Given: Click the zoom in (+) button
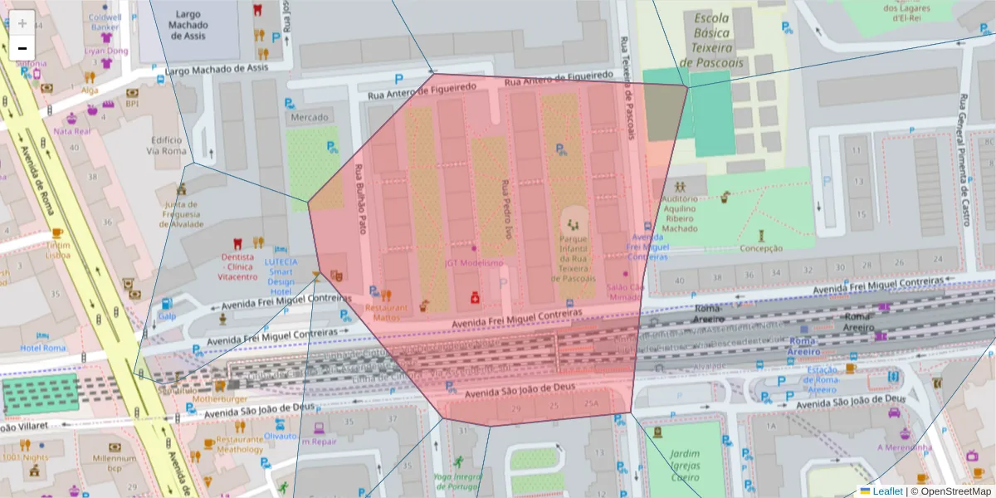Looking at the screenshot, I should pyautogui.click(x=22, y=23).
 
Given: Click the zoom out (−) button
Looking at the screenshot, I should pyautogui.click(x=22, y=48).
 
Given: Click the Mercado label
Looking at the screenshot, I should pyautogui.click(x=308, y=118).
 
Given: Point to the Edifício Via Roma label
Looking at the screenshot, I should pyautogui.click(x=167, y=145).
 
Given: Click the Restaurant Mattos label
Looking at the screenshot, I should pyautogui.click(x=386, y=312).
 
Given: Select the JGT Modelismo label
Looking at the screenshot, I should pyautogui.click(x=473, y=263).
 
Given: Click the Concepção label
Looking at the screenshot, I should pyautogui.click(x=760, y=248).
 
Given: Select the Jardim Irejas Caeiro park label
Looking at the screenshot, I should pyautogui.click(x=685, y=466).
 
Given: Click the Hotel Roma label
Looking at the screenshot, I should pyautogui.click(x=43, y=348).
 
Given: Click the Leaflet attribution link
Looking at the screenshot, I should pyautogui.click(x=886, y=491).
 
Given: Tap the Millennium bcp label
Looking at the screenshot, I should pyautogui.click(x=115, y=463).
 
